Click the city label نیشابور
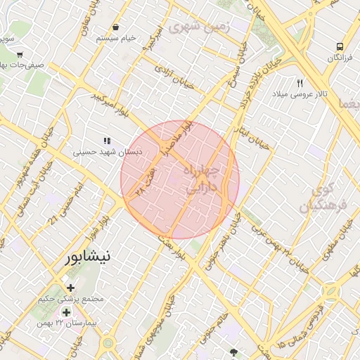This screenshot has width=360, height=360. coord(87,257)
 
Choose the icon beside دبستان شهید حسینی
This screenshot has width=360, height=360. coord(107,141)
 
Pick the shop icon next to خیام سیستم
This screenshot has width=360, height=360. coord(115,27)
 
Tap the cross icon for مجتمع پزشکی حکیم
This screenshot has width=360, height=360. coord(70,287)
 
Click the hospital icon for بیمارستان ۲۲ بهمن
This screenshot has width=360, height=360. coord(67,312)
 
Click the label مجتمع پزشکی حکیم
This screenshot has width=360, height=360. coord(72,298)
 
